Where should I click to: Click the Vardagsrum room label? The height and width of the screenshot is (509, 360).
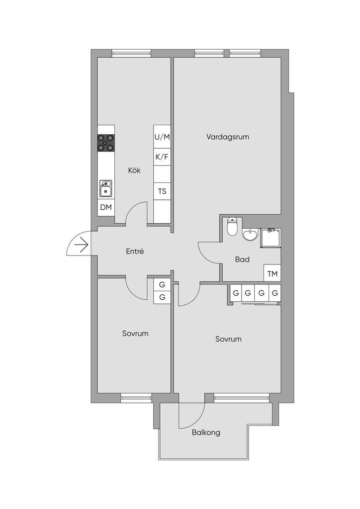228,137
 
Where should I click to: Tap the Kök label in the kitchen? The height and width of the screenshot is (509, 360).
134,170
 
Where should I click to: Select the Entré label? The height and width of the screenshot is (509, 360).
135,251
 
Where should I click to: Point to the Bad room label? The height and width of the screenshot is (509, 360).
242,259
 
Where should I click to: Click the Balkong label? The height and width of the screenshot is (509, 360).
206,432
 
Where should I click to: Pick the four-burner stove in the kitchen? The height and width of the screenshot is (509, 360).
106,143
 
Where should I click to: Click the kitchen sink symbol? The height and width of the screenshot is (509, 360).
106,189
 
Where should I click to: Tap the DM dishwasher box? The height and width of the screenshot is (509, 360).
106,207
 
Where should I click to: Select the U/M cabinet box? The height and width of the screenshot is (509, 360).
162,137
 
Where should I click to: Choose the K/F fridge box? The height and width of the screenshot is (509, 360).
162,157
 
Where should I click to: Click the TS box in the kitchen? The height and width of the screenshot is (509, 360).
162,191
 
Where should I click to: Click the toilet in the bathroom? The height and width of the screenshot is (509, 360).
232,226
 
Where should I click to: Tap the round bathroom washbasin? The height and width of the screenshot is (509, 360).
250,235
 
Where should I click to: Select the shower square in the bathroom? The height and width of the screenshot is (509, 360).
270,238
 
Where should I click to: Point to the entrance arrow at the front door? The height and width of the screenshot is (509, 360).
82,245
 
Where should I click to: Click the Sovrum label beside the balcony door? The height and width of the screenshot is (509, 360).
228,339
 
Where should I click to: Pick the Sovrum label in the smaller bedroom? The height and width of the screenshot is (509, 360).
135,334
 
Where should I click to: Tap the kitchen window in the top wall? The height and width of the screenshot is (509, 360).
131,53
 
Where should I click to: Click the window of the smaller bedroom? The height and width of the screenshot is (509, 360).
136,398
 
